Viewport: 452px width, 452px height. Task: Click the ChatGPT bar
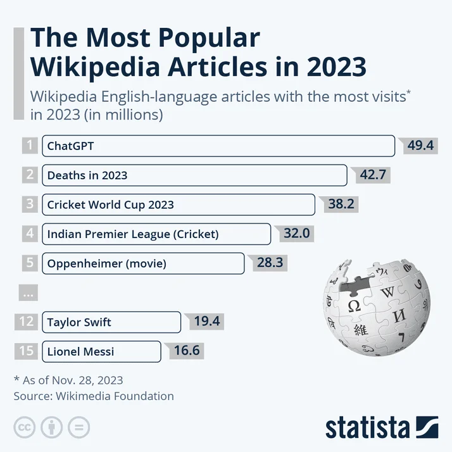[218, 146]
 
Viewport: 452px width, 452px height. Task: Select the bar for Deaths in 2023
[194, 175]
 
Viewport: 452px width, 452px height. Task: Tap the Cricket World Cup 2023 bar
[178, 204]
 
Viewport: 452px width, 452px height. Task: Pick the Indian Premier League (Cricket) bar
[156, 234]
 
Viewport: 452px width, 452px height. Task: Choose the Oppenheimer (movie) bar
[143, 263]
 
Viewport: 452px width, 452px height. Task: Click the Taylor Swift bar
[111, 322]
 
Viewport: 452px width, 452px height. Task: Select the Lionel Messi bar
[101, 351]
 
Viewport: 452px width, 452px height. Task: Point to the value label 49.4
[420, 146]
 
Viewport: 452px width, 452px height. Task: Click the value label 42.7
[373, 175]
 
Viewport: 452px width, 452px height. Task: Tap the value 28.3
[270, 263]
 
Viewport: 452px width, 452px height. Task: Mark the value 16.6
[187, 350]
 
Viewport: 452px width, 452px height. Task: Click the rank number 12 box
[26, 322]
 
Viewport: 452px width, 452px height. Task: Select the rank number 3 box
[30, 204]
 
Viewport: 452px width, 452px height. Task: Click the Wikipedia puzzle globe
[376, 307]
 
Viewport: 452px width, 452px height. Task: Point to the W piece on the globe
[387, 292]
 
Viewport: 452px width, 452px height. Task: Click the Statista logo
[382, 427]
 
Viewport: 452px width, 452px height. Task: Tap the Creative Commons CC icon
[25, 428]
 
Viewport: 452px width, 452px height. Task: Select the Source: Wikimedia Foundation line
[94, 396]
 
